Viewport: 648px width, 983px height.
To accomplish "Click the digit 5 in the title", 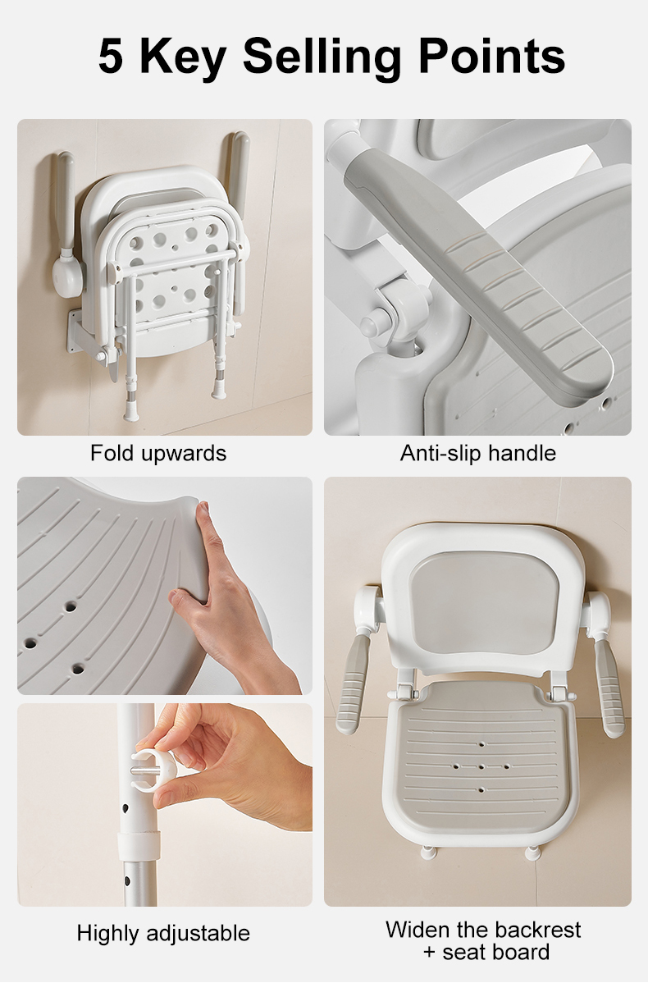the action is (x=111, y=57).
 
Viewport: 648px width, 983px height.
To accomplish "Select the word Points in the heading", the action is (x=492, y=56).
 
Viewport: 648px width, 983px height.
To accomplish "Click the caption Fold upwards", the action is (x=158, y=453).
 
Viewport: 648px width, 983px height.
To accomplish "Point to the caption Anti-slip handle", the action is (x=478, y=453).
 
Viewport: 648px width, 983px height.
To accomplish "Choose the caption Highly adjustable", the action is (x=163, y=933).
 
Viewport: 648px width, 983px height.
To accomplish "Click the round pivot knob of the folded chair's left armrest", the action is (x=67, y=275).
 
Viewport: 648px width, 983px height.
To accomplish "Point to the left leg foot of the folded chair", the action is (x=132, y=410).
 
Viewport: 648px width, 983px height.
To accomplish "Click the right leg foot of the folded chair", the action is (x=220, y=390).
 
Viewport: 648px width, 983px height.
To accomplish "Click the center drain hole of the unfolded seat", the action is (x=481, y=766).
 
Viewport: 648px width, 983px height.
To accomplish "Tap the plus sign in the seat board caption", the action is (x=429, y=953).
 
